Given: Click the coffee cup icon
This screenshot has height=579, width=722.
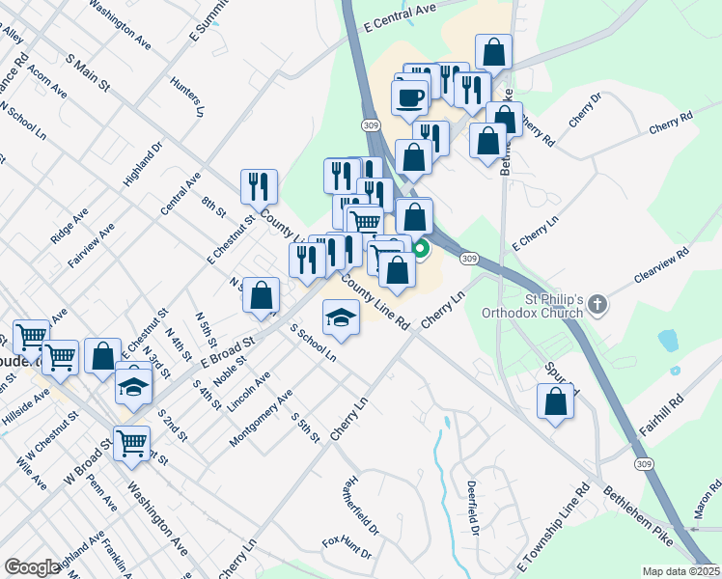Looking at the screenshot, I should (409, 96).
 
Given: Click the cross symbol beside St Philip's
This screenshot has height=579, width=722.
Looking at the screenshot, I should (597, 305).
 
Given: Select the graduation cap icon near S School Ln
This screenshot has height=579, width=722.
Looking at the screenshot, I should (341, 317).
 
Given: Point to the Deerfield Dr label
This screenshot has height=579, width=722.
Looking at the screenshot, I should (473, 507).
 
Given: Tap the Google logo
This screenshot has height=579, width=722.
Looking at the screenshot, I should (32, 566).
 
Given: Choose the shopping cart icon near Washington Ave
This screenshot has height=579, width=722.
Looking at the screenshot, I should (131, 444).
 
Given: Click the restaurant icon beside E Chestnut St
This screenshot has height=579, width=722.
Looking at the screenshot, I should (259, 185).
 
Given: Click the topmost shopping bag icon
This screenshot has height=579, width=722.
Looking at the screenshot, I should (493, 52).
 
